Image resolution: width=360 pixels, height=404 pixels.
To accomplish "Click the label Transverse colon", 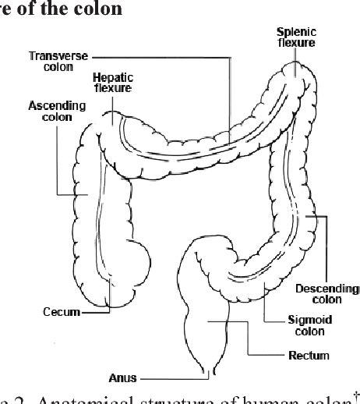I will [x=59, y=62].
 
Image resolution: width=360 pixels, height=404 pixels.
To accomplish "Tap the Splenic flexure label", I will [x=297, y=37].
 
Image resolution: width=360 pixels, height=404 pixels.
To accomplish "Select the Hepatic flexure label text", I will [x=112, y=83].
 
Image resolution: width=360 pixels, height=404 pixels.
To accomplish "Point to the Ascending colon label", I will [x=51, y=110].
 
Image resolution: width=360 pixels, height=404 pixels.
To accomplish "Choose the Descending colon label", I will [x=327, y=293].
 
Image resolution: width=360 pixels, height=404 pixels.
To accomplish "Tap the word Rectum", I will [x=309, y=355].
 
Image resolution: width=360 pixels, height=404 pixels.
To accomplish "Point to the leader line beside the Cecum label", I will [x=95, y=312].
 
